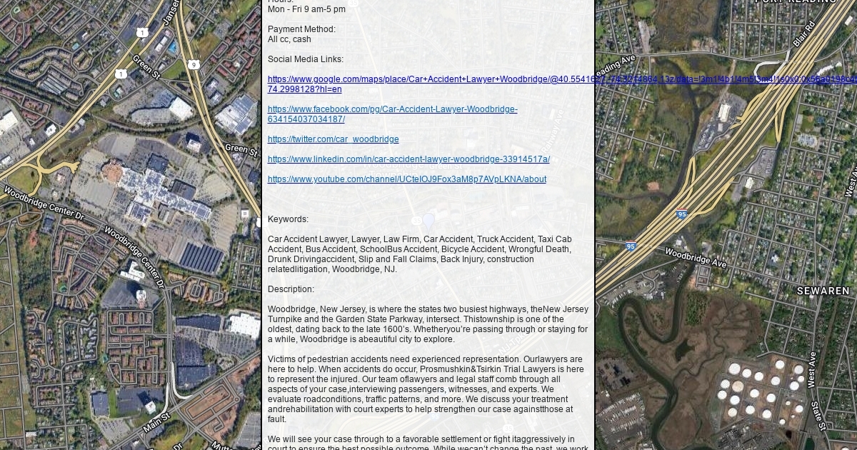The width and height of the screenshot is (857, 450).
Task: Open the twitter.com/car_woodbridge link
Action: click(x=333, y=139)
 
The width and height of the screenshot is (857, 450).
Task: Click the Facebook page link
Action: click(x=392, y=114)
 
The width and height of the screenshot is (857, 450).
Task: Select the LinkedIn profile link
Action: click(x=409, y=159)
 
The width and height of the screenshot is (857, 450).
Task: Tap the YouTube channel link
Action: click(x=406, y=179)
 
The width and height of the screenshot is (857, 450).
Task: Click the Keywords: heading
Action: click(x=288, y=219)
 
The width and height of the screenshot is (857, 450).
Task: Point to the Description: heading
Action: click(x=291, y=289)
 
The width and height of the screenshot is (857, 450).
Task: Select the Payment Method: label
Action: click(x=301, y=29)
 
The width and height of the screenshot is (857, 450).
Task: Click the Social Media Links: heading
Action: click(x=305, y=59)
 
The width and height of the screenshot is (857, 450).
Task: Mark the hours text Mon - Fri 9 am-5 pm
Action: click(x=306, y=9)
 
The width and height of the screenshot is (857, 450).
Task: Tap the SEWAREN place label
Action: click(x=823, y=291)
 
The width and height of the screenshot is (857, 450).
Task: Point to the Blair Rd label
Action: click(x=803, y=32)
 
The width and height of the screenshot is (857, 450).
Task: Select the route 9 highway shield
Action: click(x=194, y=64)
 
